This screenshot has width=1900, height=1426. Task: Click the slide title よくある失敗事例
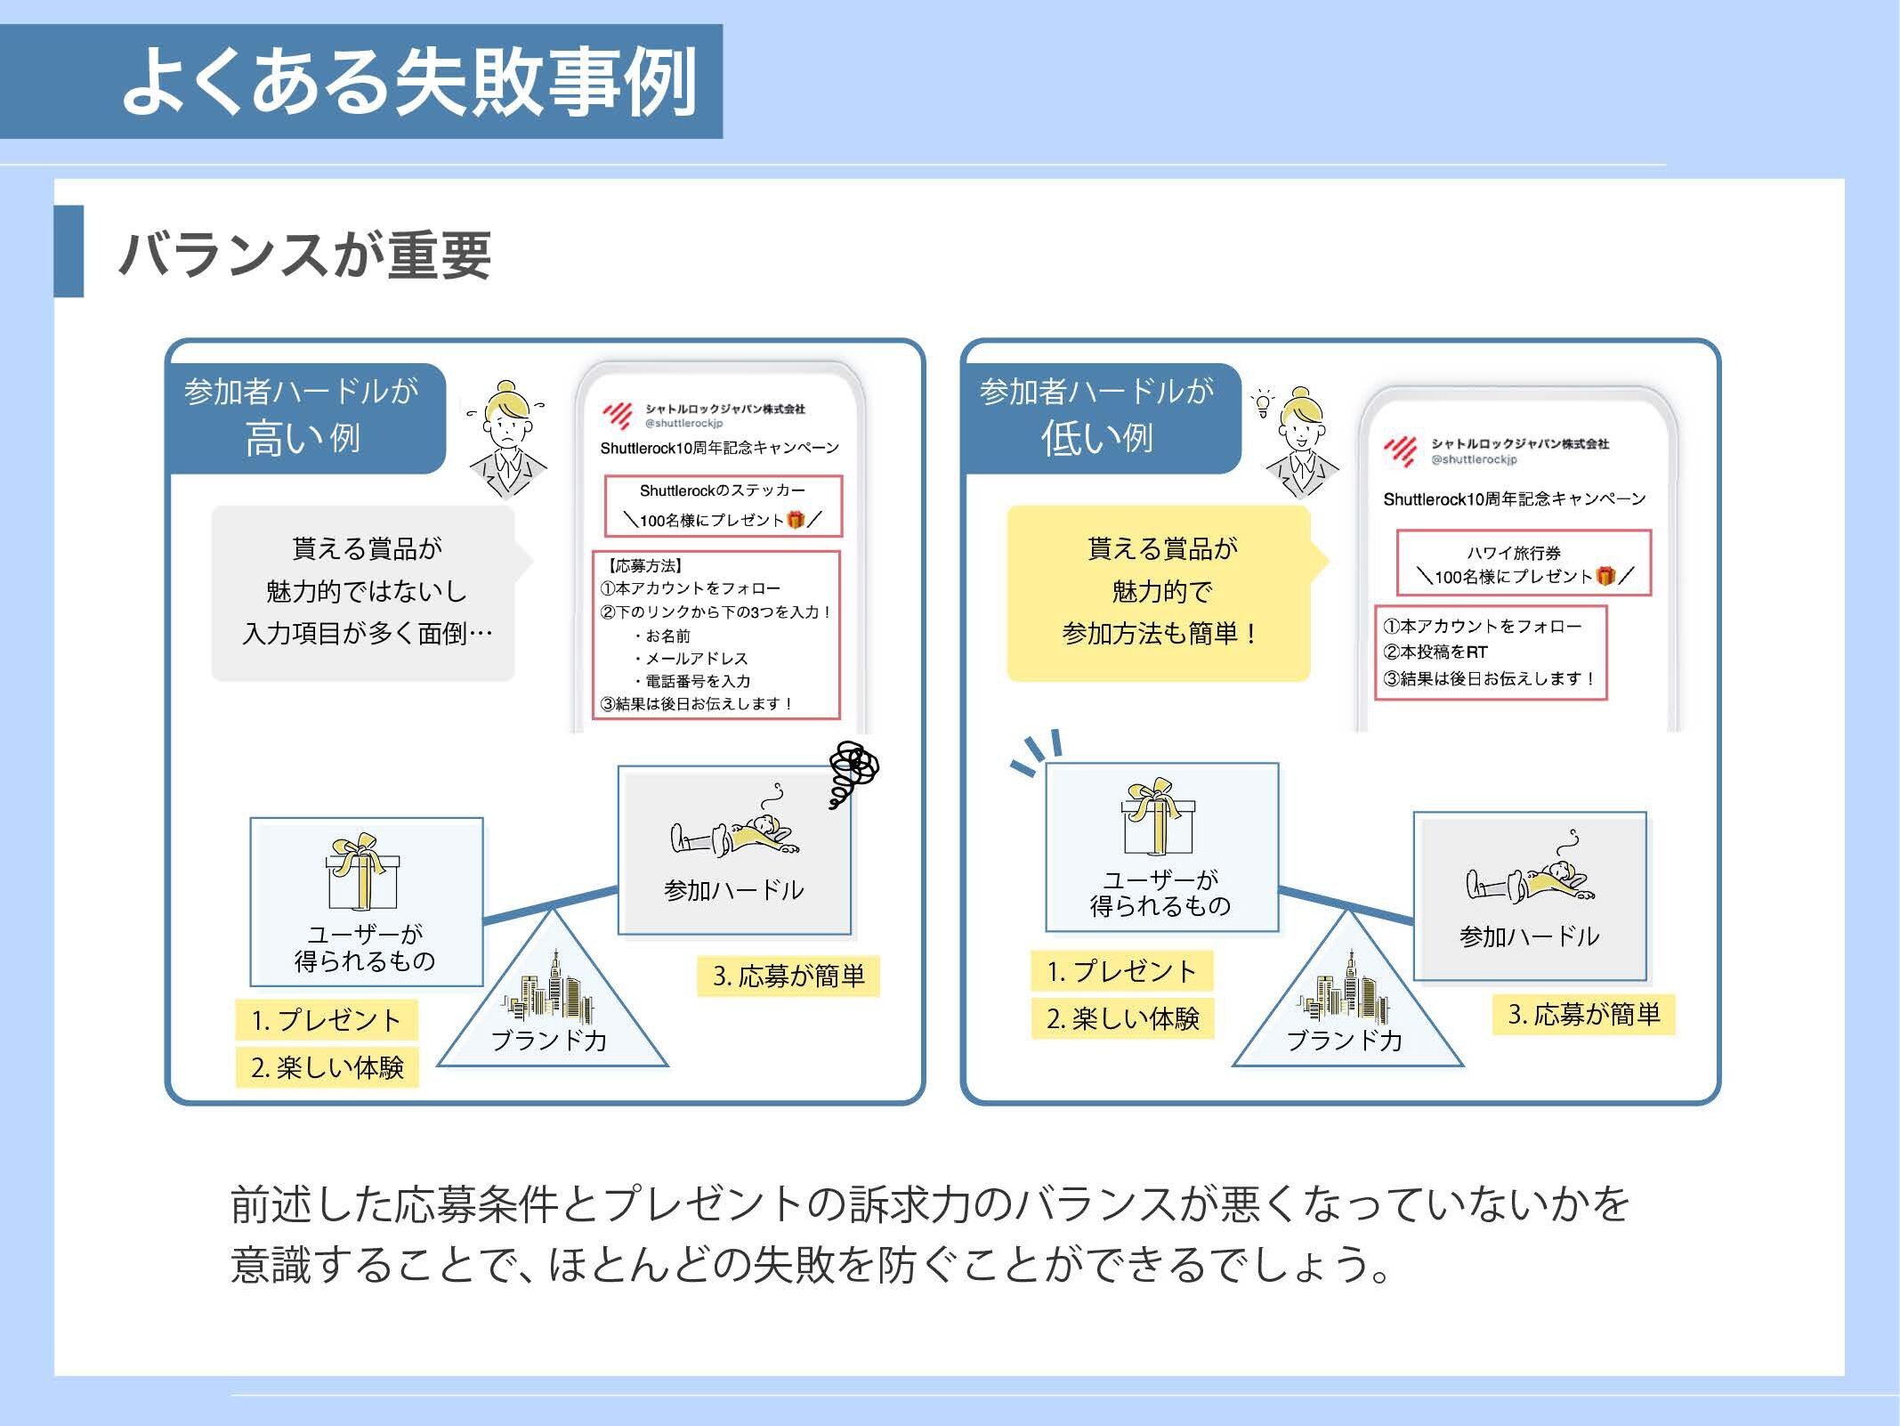coord(408,82)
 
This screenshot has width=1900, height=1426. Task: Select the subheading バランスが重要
coord(304,255)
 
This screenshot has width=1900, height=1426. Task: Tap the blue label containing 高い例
coord(306,417)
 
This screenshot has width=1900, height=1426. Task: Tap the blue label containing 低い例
coord(1102,417)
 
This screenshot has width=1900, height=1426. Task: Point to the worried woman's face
coord(508,425)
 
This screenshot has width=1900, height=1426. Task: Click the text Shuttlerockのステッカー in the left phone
coord(722,490)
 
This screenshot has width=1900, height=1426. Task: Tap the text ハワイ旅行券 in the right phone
coord(1514,553)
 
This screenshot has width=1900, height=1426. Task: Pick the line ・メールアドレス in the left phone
coord(691,659)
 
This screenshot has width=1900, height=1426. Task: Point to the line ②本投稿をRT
coord(1435,652)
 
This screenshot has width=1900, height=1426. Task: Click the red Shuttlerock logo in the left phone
coord(617,415)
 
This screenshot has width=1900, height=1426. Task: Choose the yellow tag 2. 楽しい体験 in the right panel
coord(1123,1018)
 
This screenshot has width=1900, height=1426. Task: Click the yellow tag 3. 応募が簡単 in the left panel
coord(788,976)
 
